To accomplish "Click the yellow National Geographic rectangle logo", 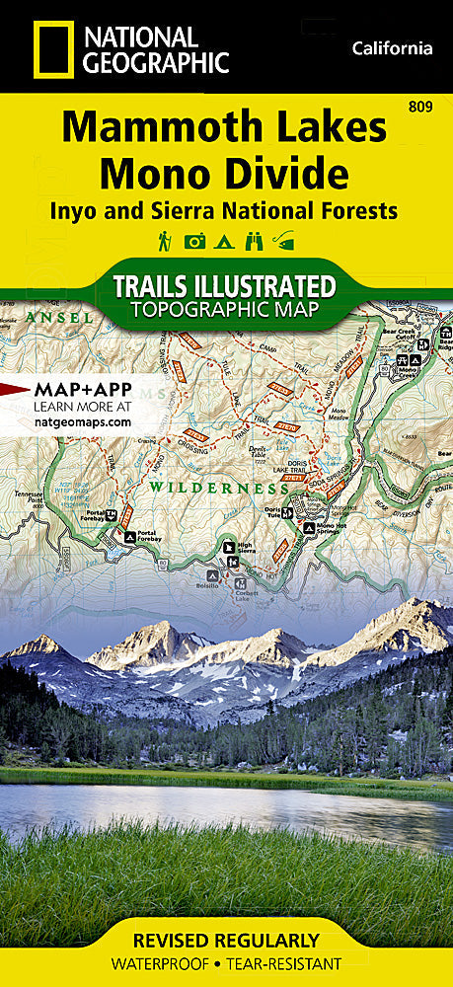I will pos(46,48).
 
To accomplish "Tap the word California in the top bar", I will pos(392,48).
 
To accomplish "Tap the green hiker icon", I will pos(164,240).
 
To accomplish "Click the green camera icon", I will pos(195,240).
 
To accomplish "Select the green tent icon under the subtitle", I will pos(226,240).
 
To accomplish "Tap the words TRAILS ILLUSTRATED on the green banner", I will pos(225,287).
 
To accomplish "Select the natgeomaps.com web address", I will pos(82,421).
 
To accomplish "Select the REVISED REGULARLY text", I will pos(226,940).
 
